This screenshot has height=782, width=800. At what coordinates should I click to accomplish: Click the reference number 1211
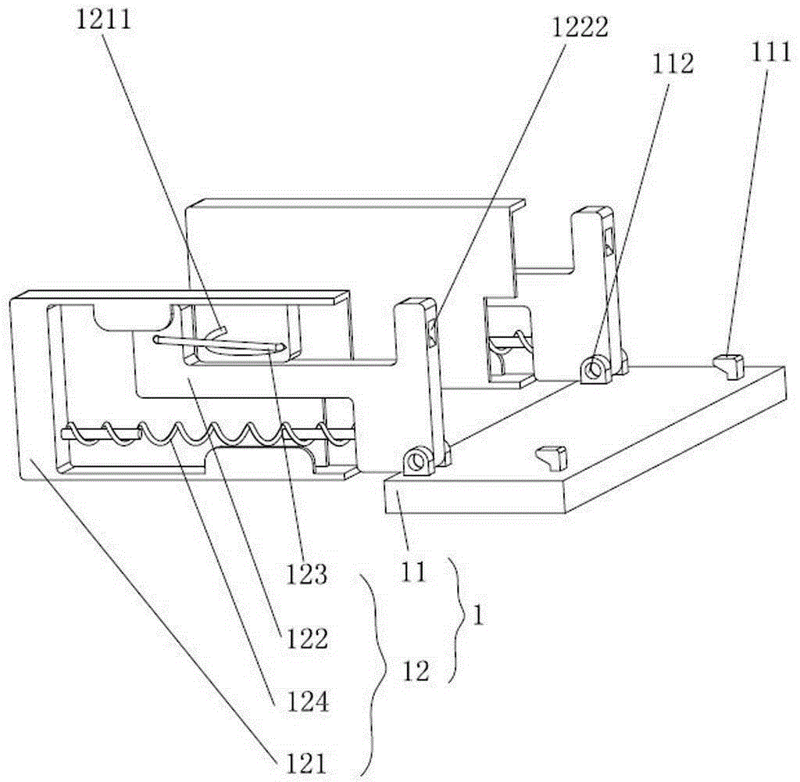point(104,20)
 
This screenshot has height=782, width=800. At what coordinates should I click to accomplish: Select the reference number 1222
point(580,27)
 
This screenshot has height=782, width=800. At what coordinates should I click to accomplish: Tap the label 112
point(673,64)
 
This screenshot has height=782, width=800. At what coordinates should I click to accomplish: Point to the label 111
point(770,52)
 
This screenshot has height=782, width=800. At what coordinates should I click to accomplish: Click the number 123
point(306,575)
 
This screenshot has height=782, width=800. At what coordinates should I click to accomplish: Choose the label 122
point(306,638)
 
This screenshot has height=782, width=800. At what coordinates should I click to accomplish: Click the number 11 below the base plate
point(412,572)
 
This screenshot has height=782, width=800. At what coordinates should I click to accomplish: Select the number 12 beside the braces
point(416,672)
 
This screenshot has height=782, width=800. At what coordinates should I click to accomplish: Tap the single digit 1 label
point(477,615)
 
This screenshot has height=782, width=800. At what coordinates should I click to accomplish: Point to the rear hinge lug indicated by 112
point(595,368)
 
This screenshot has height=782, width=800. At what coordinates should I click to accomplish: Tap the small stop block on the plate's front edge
point(552,457)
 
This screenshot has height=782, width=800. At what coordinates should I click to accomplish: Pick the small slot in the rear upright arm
point(609,242)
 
